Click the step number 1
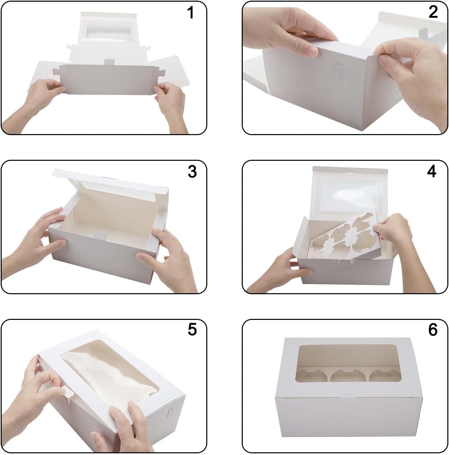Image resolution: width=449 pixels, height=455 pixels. [191, 13]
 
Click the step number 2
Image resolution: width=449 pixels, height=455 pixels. [433, 13]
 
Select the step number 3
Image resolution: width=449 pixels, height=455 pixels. [192, 172]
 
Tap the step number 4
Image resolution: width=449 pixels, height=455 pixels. [431, 172]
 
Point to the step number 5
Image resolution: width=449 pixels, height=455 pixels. [192, 330]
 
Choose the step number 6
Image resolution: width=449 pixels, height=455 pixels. [432, 330]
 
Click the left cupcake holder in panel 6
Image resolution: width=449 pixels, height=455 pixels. [311, 375]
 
